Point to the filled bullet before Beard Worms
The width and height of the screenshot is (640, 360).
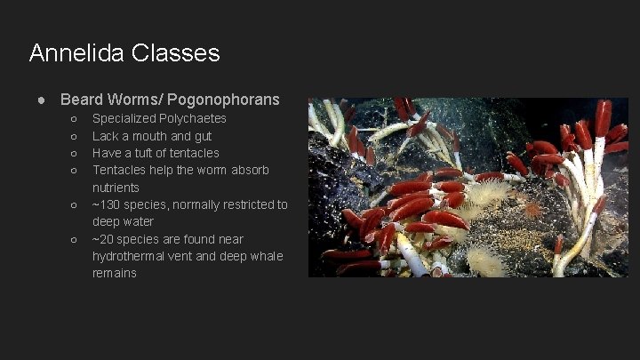[x=42, y=100]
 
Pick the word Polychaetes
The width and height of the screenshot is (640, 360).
[x=194, y=118]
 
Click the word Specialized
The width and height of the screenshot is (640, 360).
[x=125, y=118]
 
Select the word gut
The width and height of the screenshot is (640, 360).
[x=202, y=136]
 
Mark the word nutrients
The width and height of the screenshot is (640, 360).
[x=116, y=188]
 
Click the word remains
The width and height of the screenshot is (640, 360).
[x=115, y=273]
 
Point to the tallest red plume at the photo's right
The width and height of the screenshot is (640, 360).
[x=604, y=118]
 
